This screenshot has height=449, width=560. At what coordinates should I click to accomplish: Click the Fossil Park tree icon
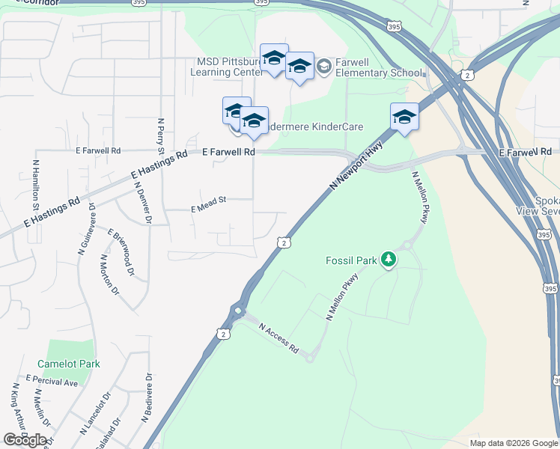(388, 260)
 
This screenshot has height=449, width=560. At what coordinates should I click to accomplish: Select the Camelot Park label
(73, 364)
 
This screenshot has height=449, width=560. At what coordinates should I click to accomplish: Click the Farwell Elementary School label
(379, 67)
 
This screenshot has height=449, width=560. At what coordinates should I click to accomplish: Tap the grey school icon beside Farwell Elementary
(324, 67)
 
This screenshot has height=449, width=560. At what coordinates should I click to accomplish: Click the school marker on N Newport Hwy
(404, 117)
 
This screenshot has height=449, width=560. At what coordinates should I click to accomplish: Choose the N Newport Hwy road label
(356, 166)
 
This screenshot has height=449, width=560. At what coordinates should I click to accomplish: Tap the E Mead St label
(208, 204)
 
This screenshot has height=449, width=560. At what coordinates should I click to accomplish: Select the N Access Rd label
(279, 338)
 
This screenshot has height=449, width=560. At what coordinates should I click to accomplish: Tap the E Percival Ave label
(52, 382)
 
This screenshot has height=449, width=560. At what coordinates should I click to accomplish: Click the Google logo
(25, 440)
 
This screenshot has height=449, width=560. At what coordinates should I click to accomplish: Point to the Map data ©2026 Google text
(513, 443)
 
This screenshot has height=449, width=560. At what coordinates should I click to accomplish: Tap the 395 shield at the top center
(261, 3)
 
